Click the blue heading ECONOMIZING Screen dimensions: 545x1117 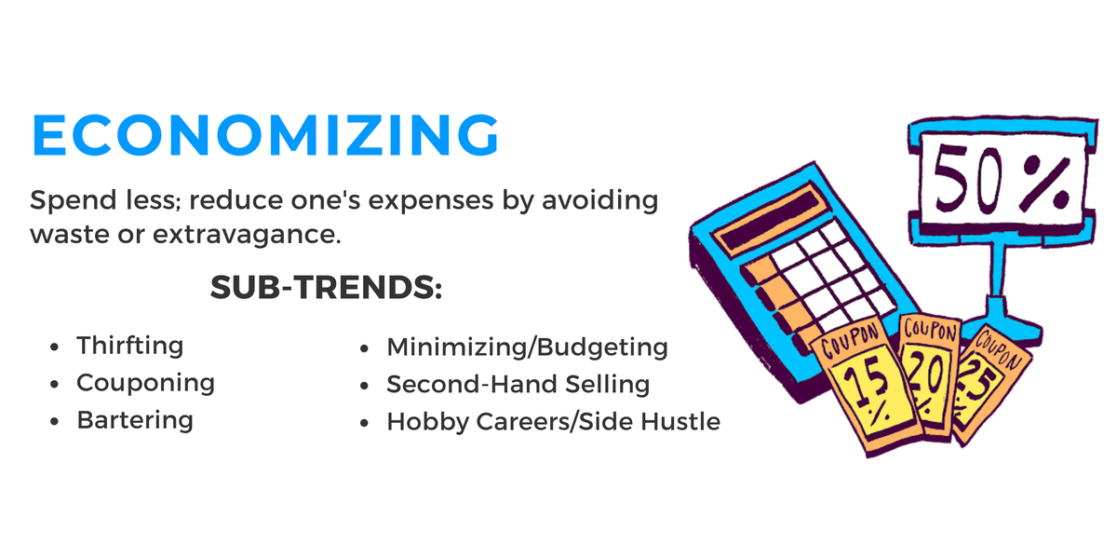point(265,135)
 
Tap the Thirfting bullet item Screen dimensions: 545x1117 point(130,346)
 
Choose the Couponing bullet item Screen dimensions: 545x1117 point(145,383)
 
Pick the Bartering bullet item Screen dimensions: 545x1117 point(135,420)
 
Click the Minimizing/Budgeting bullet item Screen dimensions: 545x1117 point(527,347)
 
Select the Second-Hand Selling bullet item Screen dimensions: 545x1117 point(518,384)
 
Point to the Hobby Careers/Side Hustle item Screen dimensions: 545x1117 point(553,421)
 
